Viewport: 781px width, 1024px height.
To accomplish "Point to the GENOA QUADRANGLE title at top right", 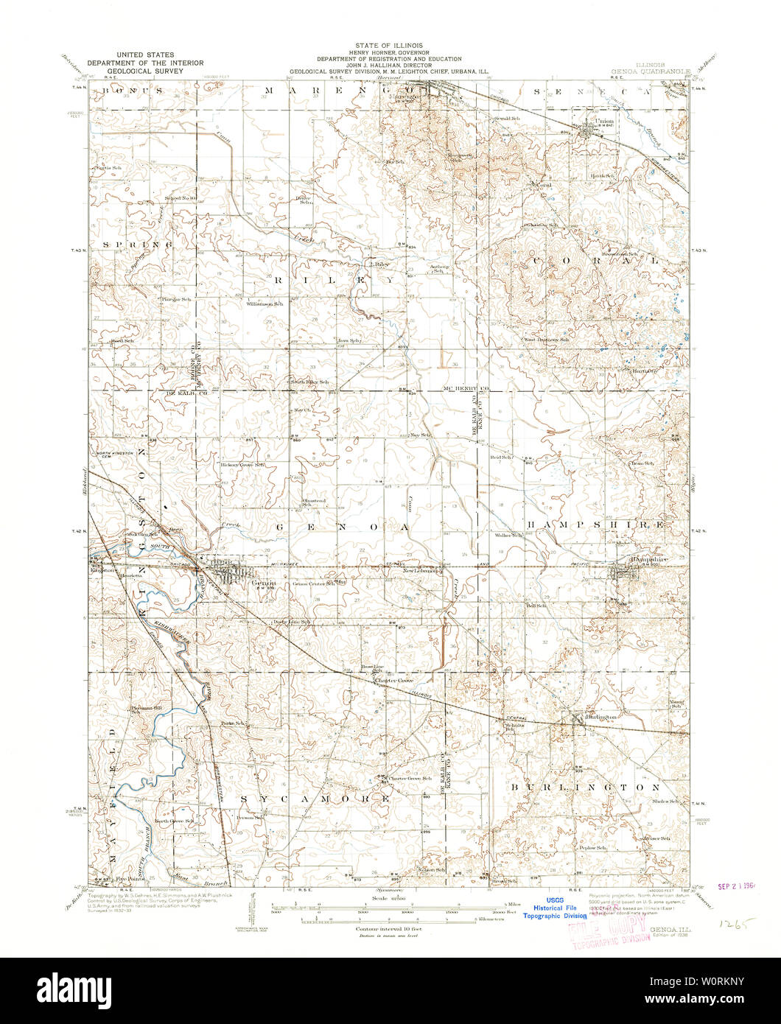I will [x=649, y=71].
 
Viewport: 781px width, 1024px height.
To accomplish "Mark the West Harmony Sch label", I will [x=546, y=340].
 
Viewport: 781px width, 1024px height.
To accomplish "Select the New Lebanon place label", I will [x=422, y=570].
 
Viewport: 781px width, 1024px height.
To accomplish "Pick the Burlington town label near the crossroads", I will [x=600, y=716].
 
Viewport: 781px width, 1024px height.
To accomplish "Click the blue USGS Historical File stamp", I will [x=555, y=908].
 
